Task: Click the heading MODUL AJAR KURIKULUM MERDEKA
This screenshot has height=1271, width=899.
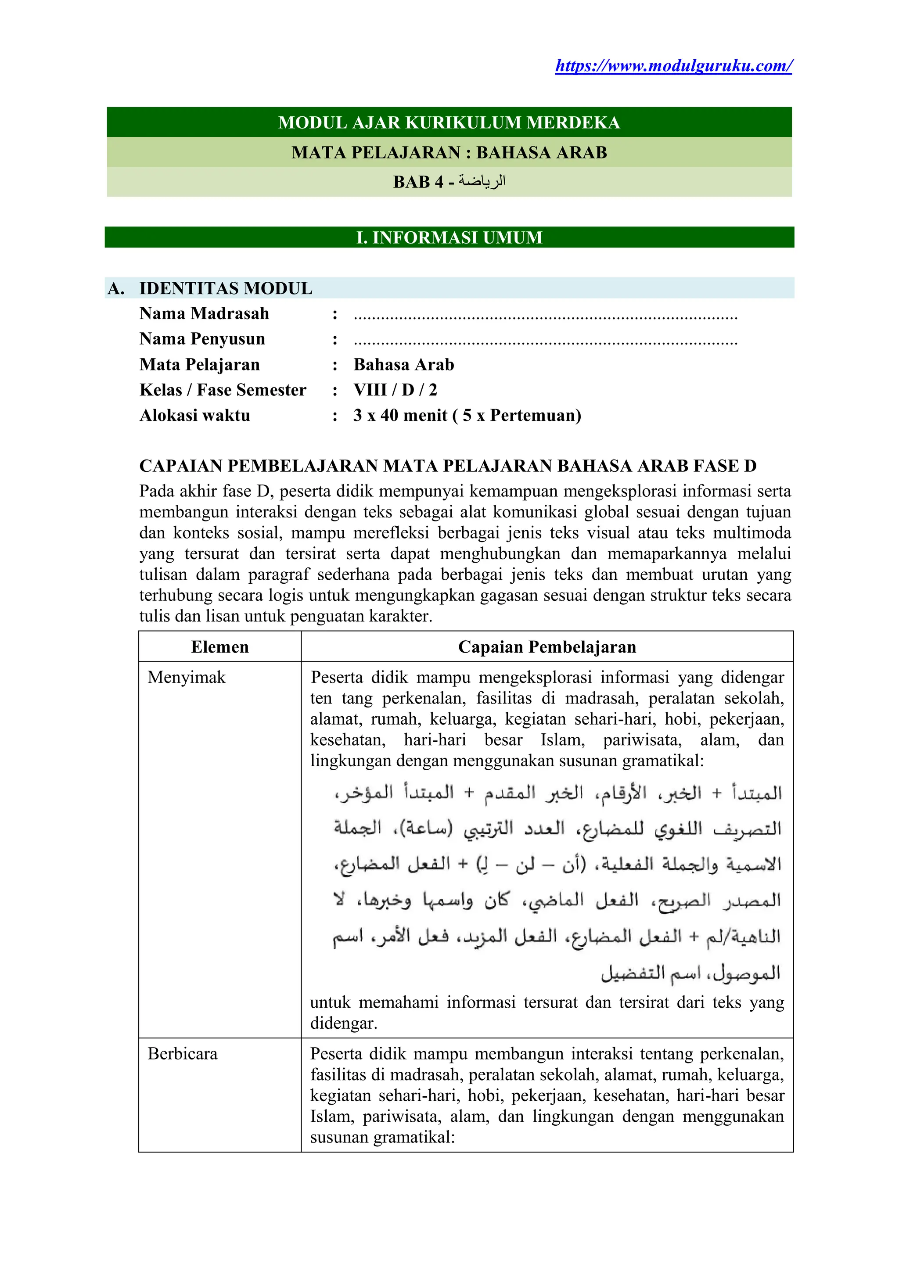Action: (x=449, y=122)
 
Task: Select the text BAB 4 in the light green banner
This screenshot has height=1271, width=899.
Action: (x=418, y=182)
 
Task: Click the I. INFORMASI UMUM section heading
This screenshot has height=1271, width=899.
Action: (x=449, y=237)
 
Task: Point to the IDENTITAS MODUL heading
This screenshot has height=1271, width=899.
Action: (x=226, y=288)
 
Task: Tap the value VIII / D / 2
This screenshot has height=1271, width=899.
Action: (x=395, y=390)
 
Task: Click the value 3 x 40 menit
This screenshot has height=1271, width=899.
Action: (x=400, y=416)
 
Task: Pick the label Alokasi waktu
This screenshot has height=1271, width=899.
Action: (x=195, y=416)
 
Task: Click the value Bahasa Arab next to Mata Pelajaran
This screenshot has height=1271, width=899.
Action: (x=403, y=365)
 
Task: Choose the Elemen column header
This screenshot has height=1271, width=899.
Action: (x=220, y=647)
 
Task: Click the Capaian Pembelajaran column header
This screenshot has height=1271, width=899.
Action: (x=547, y=647)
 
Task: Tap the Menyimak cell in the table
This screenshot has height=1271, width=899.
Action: (x=187, y=678)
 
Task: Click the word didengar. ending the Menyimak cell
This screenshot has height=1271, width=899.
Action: (x=343, y=1023)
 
